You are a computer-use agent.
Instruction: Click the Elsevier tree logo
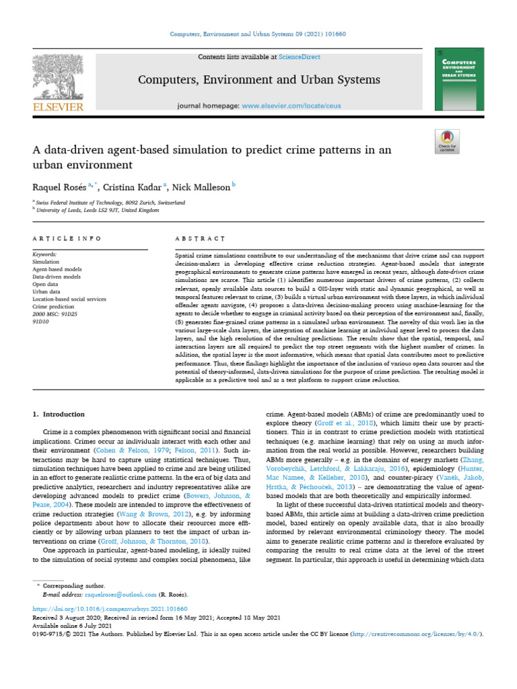coord(57,77)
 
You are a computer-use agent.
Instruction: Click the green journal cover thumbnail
coord(459,79)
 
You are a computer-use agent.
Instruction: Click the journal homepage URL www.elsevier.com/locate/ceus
coord(290,106)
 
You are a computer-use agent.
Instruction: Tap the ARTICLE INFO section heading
coord(67,239)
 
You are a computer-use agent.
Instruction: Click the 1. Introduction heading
coord(59,414)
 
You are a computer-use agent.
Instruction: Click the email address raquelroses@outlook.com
coord(118,595)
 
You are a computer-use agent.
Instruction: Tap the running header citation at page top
coord(258,34)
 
